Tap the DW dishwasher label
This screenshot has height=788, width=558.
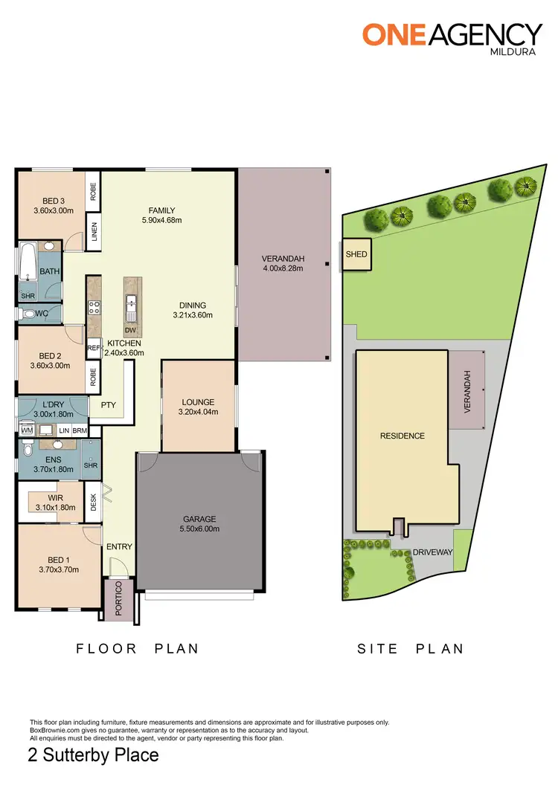(131, 329)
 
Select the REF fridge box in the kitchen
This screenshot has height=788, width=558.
(94, 347)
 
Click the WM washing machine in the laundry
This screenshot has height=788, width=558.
(27, 430)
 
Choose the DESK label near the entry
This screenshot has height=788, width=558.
(94, 503)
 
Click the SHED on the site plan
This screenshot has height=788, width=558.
(356, 255)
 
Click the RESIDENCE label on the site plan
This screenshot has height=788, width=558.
(403, 436)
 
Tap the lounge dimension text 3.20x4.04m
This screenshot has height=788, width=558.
(197, 411)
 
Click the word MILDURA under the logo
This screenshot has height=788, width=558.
(515, 53)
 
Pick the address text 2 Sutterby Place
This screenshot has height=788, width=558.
(93, 755)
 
